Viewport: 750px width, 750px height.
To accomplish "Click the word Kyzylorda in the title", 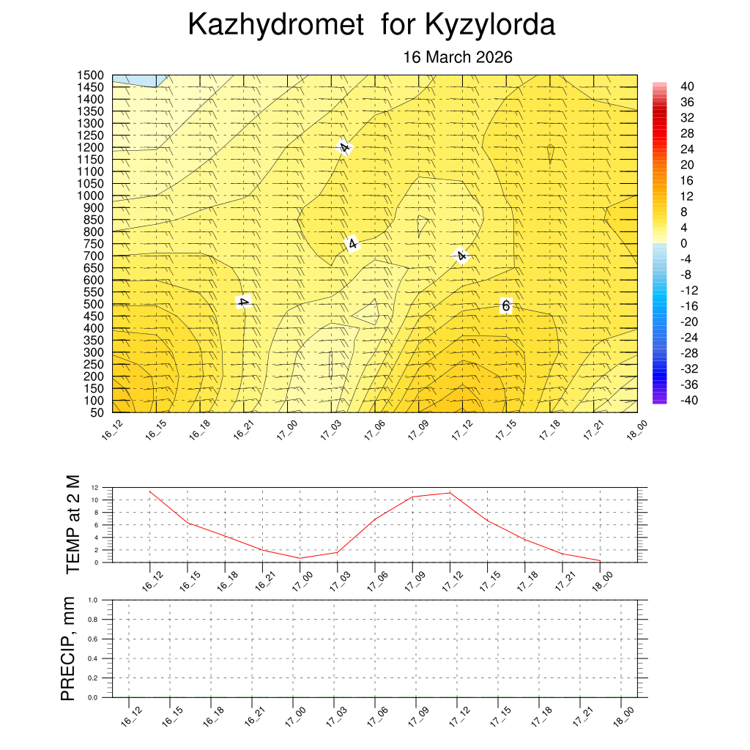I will point(490,25).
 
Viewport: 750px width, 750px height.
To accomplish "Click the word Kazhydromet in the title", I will point(275,25).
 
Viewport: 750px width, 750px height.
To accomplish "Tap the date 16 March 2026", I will point(458,58).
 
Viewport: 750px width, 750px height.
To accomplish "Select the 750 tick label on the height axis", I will point(94,244).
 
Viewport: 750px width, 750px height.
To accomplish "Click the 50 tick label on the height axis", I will point(97,412).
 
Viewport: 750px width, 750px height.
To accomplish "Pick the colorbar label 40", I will point(686,86).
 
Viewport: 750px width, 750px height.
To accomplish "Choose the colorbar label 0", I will point(683,243).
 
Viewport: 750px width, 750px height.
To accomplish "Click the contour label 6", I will point(505,305).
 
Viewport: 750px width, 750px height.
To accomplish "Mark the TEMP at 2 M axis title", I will point(72,524).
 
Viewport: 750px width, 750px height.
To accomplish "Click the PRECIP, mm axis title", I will point(68,649).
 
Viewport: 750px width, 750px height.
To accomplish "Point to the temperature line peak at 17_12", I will point(450,493).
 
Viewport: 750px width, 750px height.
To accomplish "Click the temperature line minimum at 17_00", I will point(300,558).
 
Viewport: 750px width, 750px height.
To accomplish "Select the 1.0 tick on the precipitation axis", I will point(94,600).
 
